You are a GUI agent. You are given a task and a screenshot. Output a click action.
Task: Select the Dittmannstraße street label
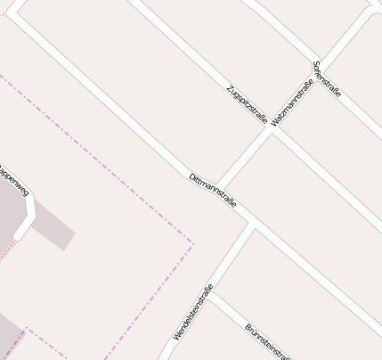click(x=213, y=191)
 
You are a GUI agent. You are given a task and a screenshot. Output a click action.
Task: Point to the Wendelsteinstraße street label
click(x=192, y=312)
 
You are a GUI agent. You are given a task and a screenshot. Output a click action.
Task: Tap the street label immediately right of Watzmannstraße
click(x=327, y=79)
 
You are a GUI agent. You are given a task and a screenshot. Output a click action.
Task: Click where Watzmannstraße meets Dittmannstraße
click(x=219, y=186)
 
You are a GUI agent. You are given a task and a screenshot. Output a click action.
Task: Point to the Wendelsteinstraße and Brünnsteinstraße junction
click(x=210, y=293)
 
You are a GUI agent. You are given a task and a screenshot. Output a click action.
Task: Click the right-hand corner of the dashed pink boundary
click(x=192, y=242)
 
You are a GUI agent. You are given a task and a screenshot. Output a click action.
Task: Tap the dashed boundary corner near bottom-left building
click(x=26, y=328)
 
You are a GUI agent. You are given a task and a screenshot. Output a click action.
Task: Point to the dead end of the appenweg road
click(x=20, y=235)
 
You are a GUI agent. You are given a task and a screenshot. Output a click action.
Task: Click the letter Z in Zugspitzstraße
click(x=230, y=87)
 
